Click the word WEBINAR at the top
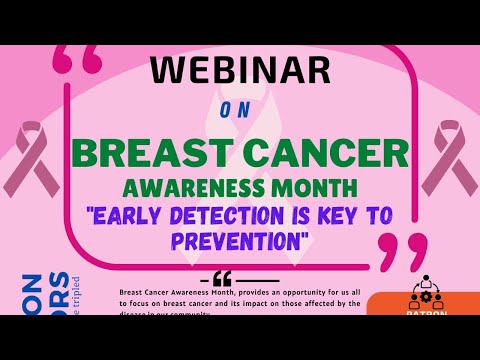tap(240, 71)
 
